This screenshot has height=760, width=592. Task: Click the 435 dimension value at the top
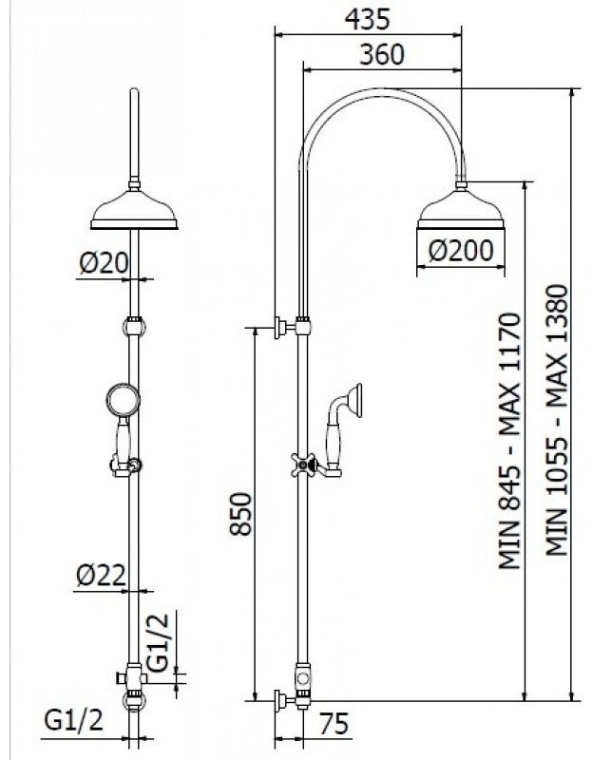click(367, 19)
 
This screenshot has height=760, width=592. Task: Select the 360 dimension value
click(382, 55)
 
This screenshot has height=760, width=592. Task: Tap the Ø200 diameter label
click(461, 251)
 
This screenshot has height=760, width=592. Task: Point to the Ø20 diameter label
click(104, 263)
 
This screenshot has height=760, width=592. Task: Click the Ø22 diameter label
click(101, 576)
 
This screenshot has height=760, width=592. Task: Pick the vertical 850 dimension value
click(241, 514)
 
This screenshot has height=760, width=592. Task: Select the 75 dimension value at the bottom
click(334, 724)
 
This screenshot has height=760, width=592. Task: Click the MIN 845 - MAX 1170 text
click(510, 441)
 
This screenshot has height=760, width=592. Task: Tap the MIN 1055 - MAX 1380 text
click(557, 420)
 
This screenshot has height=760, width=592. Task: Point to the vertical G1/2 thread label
click(159, 642)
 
